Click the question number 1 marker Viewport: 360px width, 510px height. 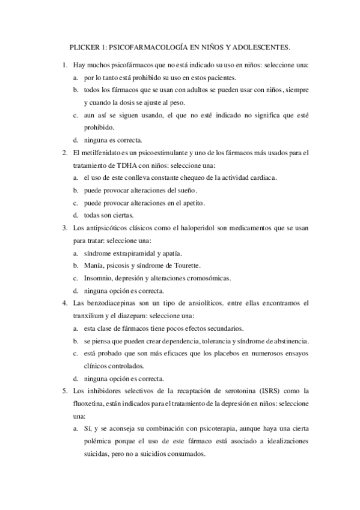(x=64, y=64)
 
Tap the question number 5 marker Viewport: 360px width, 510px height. (x=64, y=391)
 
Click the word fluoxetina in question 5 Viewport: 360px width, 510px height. (x=90, y=404)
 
